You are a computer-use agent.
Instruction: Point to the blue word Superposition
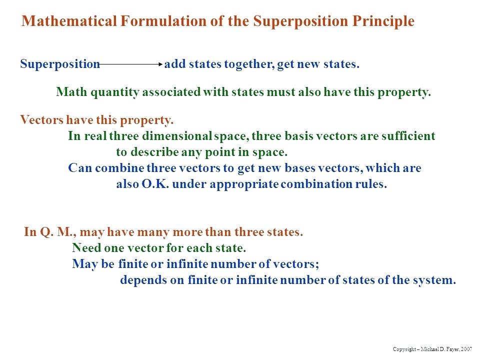tap(60, 64)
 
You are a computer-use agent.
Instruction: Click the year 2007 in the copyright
tap(466, 348)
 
